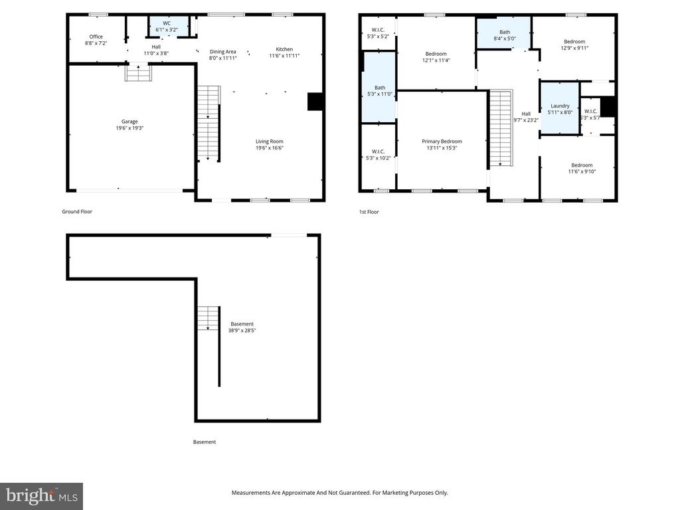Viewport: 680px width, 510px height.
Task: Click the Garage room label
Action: (x=129, y=122)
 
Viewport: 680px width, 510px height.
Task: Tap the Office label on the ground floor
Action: (x=96, y=37)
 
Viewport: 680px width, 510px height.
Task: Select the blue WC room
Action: (x=167, y=26)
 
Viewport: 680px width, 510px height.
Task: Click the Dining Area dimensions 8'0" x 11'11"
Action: (x=223, y=58)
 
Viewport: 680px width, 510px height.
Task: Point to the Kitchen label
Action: (x=284, y=49)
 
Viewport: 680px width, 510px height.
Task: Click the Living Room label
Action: (x=270, y=141)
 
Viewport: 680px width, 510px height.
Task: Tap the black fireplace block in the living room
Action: (x=314, y=101)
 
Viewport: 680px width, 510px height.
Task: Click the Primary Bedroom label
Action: (x=442, y=141)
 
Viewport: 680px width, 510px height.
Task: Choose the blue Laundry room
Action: (x=560, y=108)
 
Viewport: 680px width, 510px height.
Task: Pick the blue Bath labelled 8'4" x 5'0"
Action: (x=505, y=35)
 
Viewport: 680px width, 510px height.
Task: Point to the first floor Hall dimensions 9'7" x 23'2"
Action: (x=526, y=120)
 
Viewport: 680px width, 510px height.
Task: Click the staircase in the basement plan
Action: (x=208, y=319)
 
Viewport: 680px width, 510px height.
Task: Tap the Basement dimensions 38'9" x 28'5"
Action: (x=242, y=330)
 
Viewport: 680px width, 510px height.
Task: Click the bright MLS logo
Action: (x=41, y=495)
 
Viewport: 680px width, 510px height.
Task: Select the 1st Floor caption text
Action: (x=369, y=212)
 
